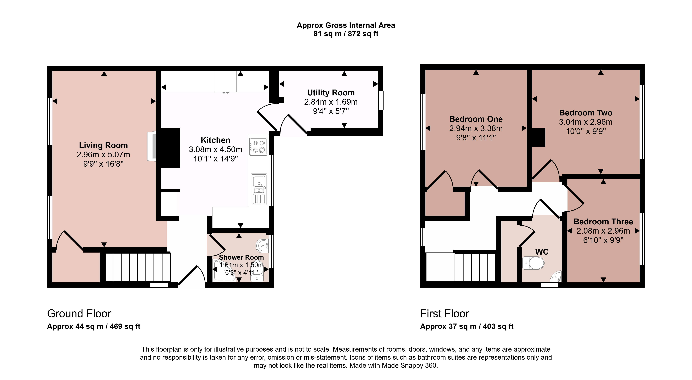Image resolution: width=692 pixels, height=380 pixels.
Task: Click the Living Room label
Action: (103, 145)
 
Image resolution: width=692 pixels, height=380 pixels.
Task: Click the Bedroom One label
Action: (476, 119)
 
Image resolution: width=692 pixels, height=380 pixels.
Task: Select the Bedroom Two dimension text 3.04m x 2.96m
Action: (586, 122)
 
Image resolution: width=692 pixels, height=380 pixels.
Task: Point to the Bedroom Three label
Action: (603, 222)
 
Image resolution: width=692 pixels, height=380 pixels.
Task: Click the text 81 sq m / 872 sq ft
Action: (346, 34)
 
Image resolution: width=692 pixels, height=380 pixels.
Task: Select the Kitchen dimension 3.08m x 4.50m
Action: (215, 149)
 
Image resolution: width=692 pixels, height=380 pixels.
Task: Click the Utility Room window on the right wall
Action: (381, 100)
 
